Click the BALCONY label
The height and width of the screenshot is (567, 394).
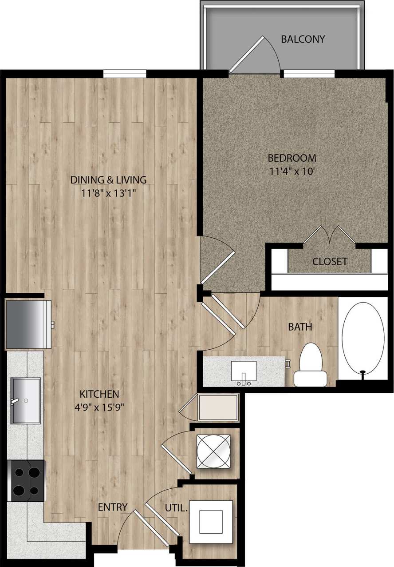(303, 39)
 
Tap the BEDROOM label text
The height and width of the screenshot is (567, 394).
(292, 158)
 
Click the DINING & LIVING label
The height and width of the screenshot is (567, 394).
(108, 180)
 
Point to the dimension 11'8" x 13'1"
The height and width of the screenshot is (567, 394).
(108, 193)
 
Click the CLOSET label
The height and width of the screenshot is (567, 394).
(330, 262)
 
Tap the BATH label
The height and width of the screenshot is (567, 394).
(300, 327)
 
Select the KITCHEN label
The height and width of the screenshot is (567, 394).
(99, 394)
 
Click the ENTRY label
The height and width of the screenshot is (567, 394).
(113, 507)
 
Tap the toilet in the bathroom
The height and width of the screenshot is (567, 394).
(311, 365)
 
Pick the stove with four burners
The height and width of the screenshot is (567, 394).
(26, 481)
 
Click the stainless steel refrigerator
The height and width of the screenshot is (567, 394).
(28, 324)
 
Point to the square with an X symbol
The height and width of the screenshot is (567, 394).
(213, 451)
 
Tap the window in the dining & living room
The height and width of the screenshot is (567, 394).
(125, 74)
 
